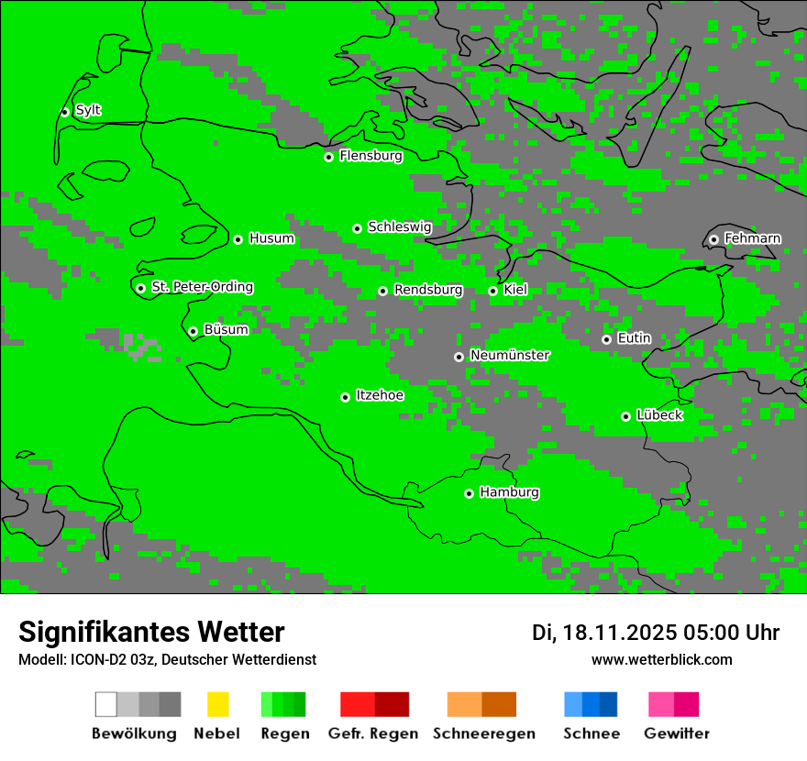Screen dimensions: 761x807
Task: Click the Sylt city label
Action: [x=88, y=111]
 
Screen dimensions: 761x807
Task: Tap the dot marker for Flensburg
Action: [x=328, y=157]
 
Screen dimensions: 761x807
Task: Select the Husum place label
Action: [x=271, y=239]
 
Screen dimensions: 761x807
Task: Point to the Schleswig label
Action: [x=399, y=227]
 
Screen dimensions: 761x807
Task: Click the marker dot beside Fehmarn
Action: [x=713, y=239]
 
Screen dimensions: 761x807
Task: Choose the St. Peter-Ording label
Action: [x=202, y=288]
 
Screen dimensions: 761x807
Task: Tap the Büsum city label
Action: [x=226, y=330]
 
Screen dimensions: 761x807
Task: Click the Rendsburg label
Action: [x=428, y=291]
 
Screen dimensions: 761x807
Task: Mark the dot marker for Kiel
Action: [x=492, y=291]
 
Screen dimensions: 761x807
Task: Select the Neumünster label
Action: [x=510, y=356]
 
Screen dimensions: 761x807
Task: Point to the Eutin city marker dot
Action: [x=606, y=339]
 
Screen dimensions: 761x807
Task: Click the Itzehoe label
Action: [x=380, y=396]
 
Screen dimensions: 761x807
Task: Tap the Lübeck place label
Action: [x=659, y=416]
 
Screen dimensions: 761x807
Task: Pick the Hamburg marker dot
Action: [x=469, y=493]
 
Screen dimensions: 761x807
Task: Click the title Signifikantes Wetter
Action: [x=151, y=632]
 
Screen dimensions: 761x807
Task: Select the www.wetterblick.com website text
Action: [x=661, y=660]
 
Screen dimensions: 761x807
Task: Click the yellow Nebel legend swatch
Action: [x=217, y=704]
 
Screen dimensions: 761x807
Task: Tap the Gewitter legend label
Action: [x=677, y=733]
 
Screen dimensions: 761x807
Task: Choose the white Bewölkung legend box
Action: [x=106, y=704]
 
